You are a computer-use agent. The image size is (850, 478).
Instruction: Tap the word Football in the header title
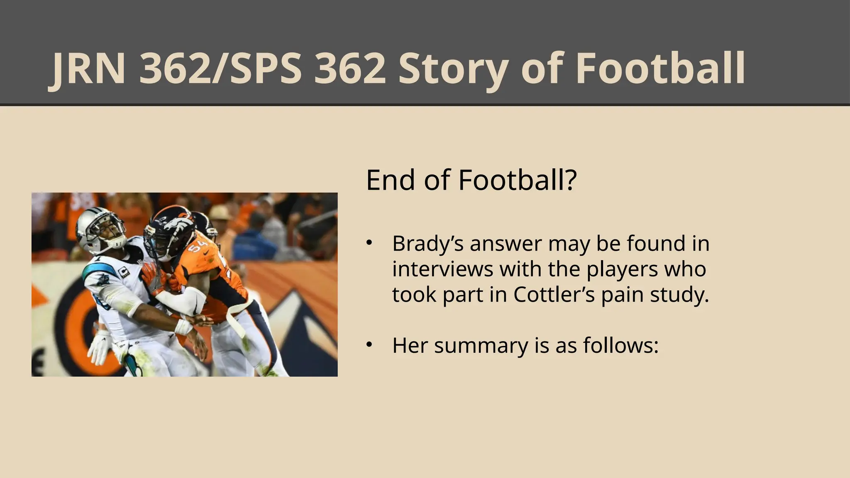[x=660, y=68]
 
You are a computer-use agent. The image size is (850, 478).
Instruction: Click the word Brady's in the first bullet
[x=427, y=244]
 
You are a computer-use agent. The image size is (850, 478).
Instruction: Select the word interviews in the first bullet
[x=442, y=269]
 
